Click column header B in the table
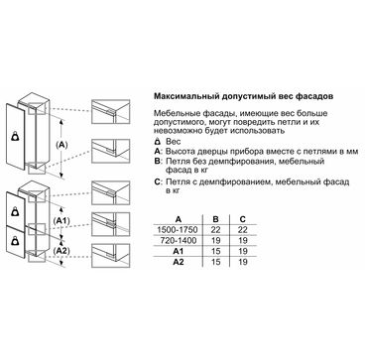215,219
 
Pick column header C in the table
243,219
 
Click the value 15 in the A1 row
215,252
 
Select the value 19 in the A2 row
243,262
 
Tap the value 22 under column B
215,230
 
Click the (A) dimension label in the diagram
61,145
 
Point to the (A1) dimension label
61,220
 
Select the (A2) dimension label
61,251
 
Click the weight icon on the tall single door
16,137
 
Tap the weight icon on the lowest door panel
16,241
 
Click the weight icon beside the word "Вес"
158,142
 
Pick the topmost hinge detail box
111,111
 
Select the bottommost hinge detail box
111,256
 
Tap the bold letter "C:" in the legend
158,182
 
